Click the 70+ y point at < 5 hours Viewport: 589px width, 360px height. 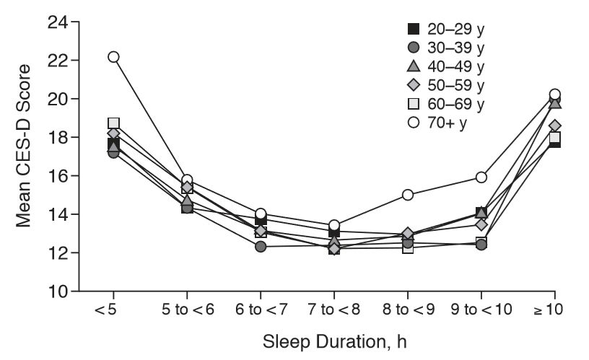point(113,56)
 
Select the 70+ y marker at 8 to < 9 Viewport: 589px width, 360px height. point(408,195)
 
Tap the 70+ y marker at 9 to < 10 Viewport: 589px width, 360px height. point(481,177)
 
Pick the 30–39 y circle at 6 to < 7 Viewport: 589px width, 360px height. point(261,247)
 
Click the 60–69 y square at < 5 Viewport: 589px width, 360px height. point(113,123)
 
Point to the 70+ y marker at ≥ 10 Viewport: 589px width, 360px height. point(555,94)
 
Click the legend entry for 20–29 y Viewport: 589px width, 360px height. point(445,29)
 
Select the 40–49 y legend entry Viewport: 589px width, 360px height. point(445,66)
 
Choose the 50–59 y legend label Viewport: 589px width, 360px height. point(445,85)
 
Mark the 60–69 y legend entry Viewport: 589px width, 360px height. point(445,104)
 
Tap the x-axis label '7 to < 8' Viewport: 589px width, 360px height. point(334,311)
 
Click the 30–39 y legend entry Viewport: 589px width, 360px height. point(445,48)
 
